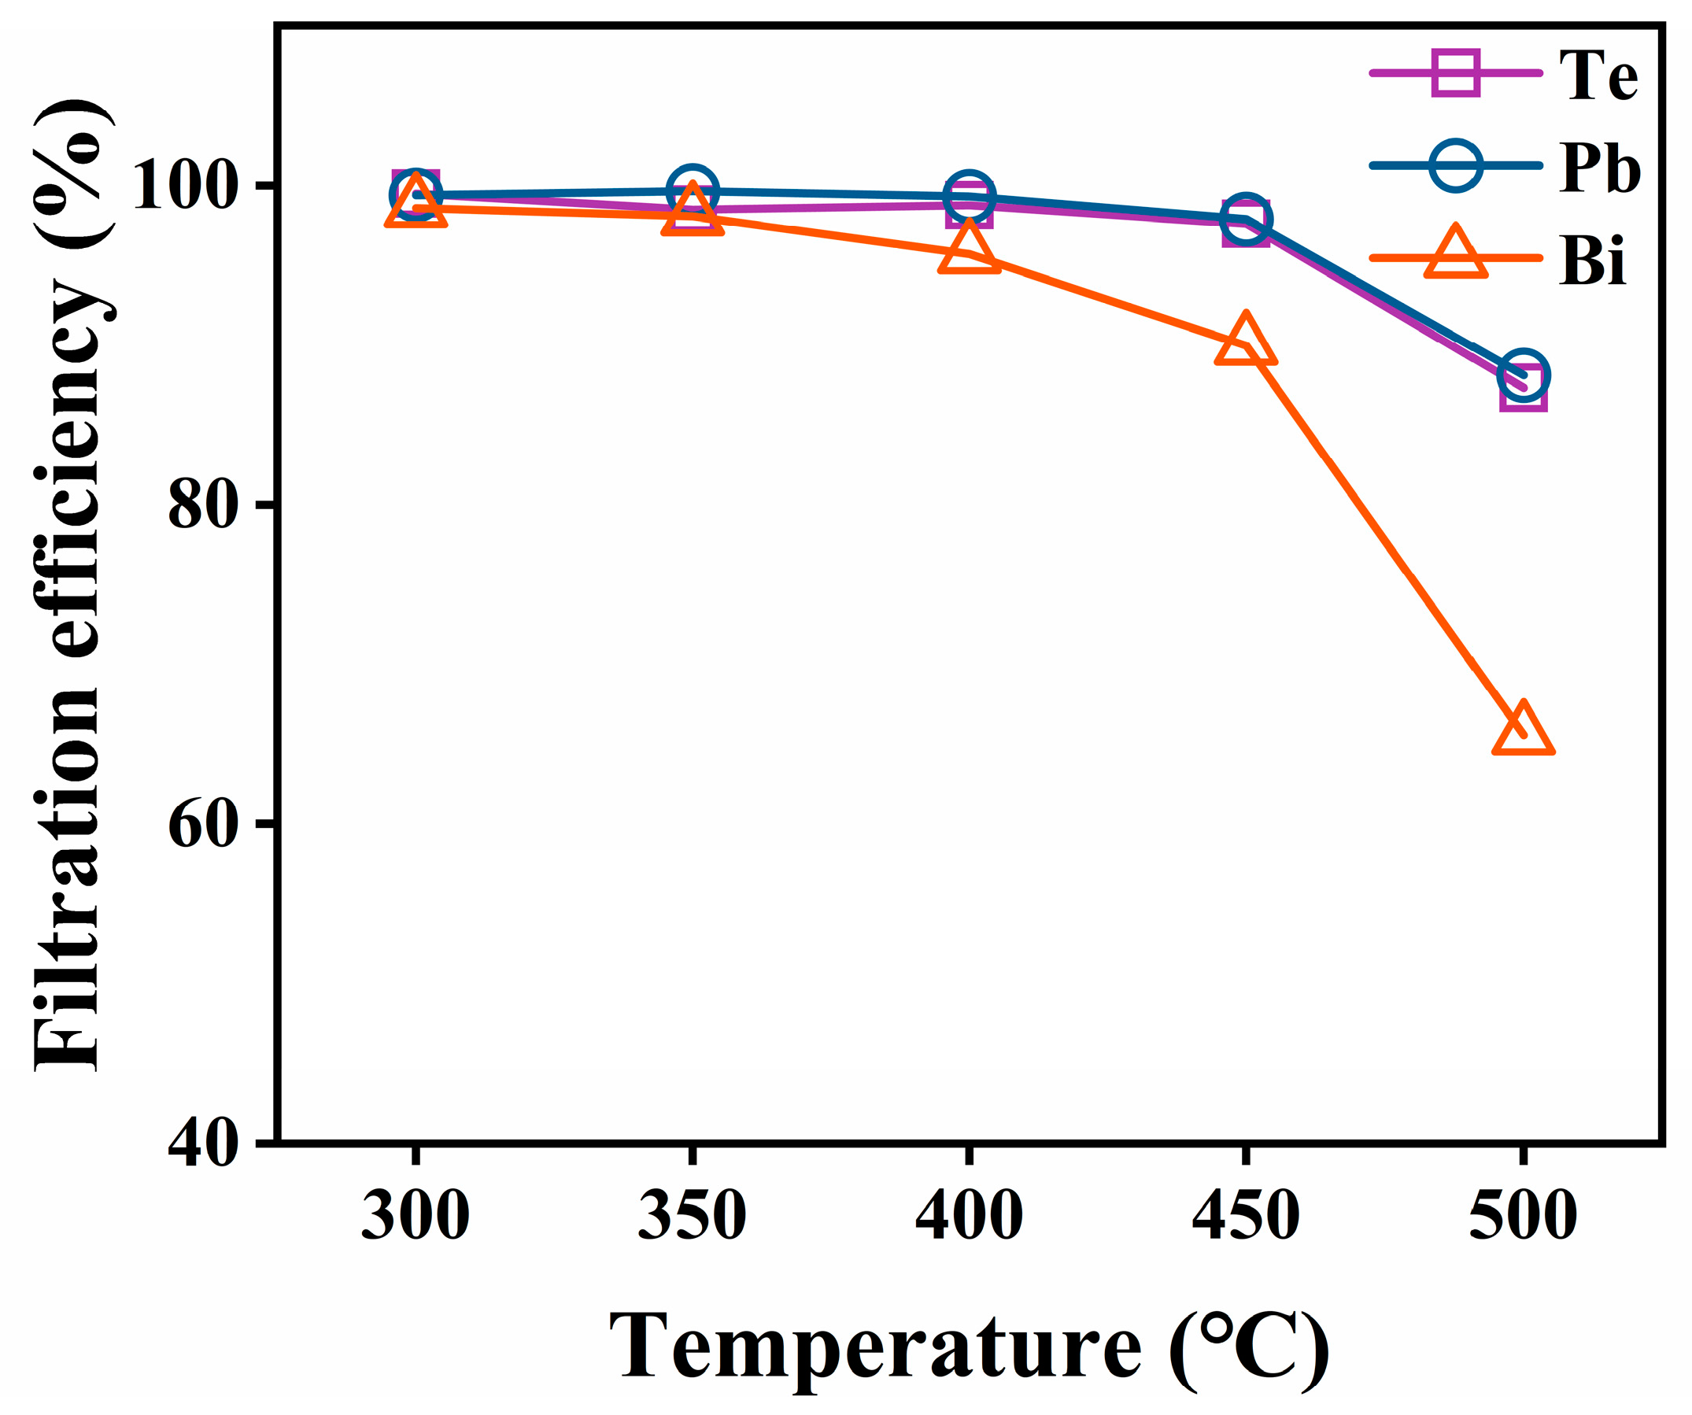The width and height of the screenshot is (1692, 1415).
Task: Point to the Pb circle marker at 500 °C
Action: pyautogui.click(x=1523, y=375)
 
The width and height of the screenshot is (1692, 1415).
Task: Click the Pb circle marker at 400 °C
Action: pyautogui.click(x=969, y=196)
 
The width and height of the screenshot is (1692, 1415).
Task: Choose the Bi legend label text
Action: pyautogui.click(x=1592, y=261)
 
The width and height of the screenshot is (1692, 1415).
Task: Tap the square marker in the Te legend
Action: pyautogui.click(x=1455, y=72)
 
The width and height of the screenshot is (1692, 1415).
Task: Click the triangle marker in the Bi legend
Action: pyautogui.click(x=1455, y=255)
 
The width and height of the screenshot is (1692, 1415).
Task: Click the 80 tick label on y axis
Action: pyautogui.click(x=203, y=506)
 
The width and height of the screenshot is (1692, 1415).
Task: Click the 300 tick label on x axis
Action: pyautogui.click(x=415, y=1214)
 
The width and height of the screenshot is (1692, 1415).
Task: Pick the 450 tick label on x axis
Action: pyautogui.click(x=1246, y=1214)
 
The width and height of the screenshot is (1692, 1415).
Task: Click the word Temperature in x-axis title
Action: pyautogui.click(x=875, y=1347)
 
